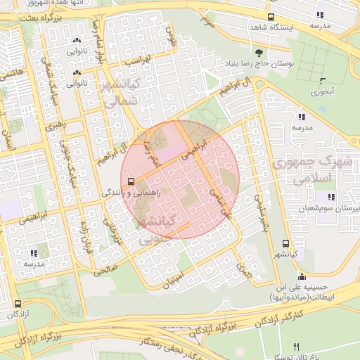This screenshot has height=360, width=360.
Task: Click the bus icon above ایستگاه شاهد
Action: tap(271, 17)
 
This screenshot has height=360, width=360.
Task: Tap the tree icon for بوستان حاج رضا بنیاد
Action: tap(260, 53)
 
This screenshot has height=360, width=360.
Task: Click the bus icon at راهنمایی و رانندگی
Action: tap(133, 180)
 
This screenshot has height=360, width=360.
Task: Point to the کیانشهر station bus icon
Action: tap(284, 243)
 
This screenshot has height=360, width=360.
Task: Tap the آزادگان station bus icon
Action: tap(18, 304)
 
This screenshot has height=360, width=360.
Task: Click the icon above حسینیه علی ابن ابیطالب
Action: tap(302, 276)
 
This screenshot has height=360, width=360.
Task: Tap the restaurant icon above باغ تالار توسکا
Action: tap(296, 347)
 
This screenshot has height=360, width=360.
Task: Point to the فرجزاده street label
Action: tap(88, 237)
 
